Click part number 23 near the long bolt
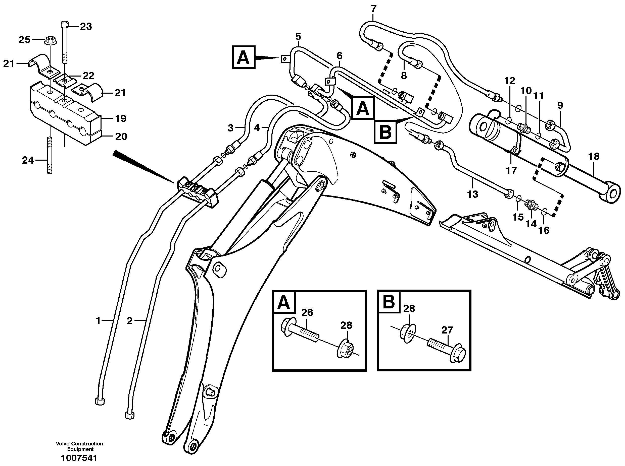pyautogui.click(x=86, y=27)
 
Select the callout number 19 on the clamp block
pyautogui.click(x=121, y=118)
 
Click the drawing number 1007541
pyautogui.click(x=79, y=458)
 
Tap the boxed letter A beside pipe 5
pyautogui.click(x=244, y=57)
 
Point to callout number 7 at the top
pyautogui.click(x=373, y=9)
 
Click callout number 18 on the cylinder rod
pyautogui.click(x=594, y=156)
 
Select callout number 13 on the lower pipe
pyautogui.click(x=472, y=194)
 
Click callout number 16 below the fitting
pyautogui.click(x=544, y=230)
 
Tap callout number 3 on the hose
pyautogui.click(x=230, y=128)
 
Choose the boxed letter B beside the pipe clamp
pyautogui.click(x=386, y=132)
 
